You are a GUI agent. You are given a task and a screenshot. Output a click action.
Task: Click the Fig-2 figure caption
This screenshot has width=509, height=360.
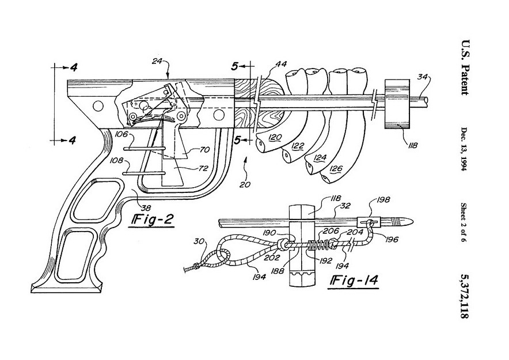(151, 220)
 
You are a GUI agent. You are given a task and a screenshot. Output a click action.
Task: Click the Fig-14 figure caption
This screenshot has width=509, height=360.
(354, 279)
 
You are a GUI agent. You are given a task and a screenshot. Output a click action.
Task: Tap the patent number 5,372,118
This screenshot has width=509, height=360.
(465, 295)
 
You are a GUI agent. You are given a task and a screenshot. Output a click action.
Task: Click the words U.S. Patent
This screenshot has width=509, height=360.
(465, 67)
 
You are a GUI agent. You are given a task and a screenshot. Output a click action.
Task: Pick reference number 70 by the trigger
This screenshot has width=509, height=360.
(204, 150)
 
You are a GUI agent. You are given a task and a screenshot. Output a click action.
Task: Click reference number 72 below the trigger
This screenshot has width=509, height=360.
(203, 169)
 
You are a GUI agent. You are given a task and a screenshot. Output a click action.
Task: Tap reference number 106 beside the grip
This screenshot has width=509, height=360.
(121, 135)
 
